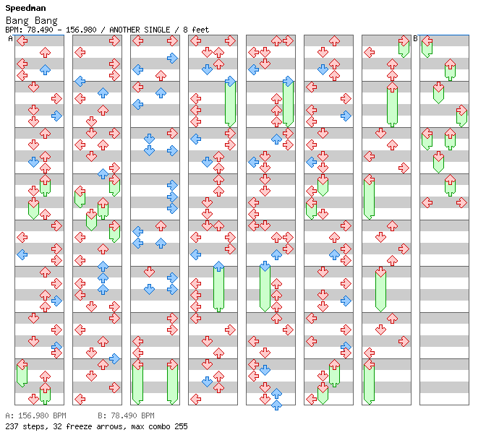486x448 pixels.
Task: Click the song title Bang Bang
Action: coord(25,20)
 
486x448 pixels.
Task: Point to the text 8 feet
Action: coord(196,30)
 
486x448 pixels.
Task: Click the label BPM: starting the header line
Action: coord(13,30)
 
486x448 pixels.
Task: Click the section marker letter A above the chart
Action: coord(11,38)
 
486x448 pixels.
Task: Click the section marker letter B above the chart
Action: coord(415,38)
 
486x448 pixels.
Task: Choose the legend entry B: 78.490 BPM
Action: coord(126,416)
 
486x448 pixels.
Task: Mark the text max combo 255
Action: coord(160,426)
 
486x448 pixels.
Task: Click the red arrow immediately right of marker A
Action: coord(22,41)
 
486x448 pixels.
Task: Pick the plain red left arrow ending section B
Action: coord(427,202)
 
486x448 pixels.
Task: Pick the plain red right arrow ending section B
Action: coord(461,202)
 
